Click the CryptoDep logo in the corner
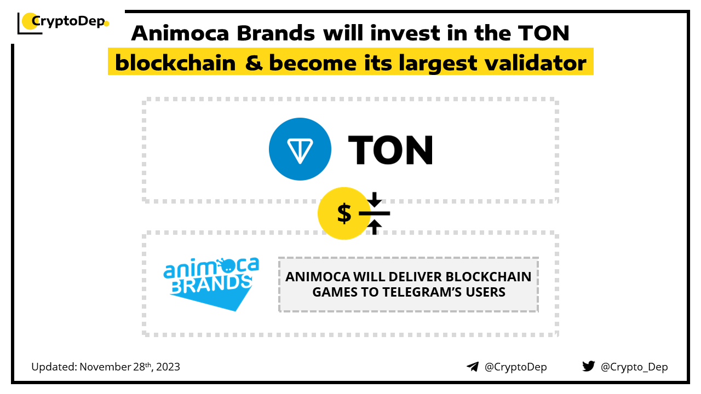coord(63,22)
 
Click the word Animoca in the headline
coord(180,33)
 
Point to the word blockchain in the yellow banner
coord(175,63)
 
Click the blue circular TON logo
coord(300,149)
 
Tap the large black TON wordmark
coord(390,150)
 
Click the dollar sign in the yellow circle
coord(344,213)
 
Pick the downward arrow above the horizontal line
coord(374,199)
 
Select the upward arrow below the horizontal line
coord(374,227)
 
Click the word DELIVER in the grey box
coord(415,277)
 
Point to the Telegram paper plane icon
coord(473,367)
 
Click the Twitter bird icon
coord(588,366)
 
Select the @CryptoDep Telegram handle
coord(515,367)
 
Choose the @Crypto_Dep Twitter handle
coord(634,367)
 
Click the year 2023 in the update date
coord(168,367)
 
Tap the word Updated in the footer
coord(54,367)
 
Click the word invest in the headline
coord(405,33)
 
